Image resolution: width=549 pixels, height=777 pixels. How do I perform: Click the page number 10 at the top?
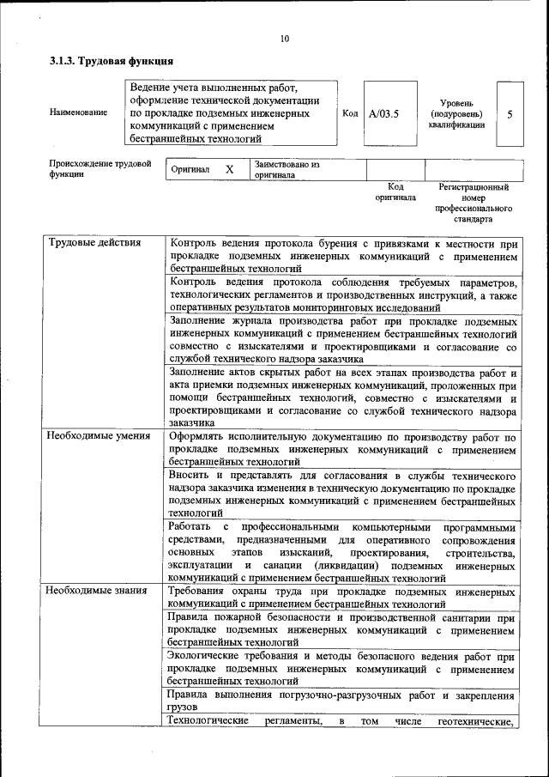[284, 38]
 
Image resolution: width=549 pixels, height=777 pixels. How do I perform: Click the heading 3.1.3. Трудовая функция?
[112, 62]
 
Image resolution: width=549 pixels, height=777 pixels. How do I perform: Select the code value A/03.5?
[383, 112]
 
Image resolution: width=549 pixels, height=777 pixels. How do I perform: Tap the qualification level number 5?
[510, 112]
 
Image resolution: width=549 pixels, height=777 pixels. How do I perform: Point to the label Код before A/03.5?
[350, 112]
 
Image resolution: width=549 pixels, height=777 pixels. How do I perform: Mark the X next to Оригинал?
[229, 170]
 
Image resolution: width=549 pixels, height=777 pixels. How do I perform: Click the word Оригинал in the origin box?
[190, 170]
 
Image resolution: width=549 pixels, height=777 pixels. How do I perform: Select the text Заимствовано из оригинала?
[286, 169]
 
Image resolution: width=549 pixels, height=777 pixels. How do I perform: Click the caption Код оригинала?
[395, 191]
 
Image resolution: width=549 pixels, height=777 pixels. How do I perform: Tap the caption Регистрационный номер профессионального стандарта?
[474, 203]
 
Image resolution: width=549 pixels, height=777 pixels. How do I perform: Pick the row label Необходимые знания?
[97, 591]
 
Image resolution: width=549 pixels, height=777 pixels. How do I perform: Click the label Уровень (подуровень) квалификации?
[456, 112]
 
